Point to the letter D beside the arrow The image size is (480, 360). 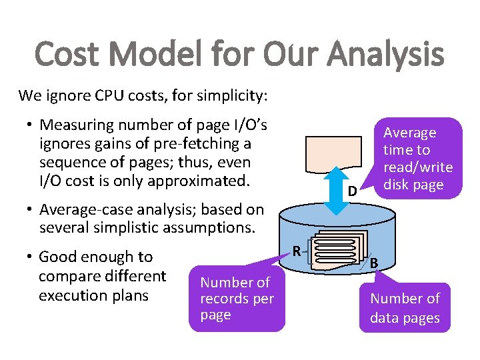[352, 193]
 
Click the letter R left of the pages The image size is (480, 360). [297, 251]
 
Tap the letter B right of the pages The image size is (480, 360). [374, 263]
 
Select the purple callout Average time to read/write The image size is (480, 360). [417, 159]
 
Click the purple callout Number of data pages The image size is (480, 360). [405, 308]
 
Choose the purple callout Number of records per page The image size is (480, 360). [237, 299]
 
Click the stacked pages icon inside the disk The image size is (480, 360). [339, 251]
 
